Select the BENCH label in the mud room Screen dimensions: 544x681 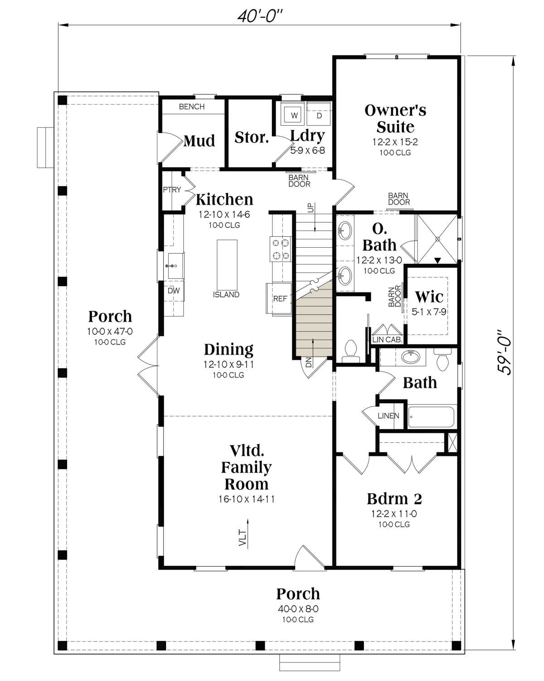click(192, 107)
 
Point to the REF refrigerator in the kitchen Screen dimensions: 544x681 click(279, 299)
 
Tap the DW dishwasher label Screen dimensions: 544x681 click(174, 290)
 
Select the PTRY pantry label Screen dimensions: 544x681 click(172, 190)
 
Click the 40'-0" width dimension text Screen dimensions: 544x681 click(260, 16)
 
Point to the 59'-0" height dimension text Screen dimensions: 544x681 click(504, 353)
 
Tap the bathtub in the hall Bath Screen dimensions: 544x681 click(431, 417)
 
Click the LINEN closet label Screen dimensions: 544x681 click(389, 416)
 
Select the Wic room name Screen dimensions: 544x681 click(429, 297)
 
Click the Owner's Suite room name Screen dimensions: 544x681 click(395, 119)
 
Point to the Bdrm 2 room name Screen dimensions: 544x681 click(394, 499)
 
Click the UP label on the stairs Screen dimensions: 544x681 click(311, 208)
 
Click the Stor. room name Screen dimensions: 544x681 click(252, 137)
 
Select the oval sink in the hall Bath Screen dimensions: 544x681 click(411, 357)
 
